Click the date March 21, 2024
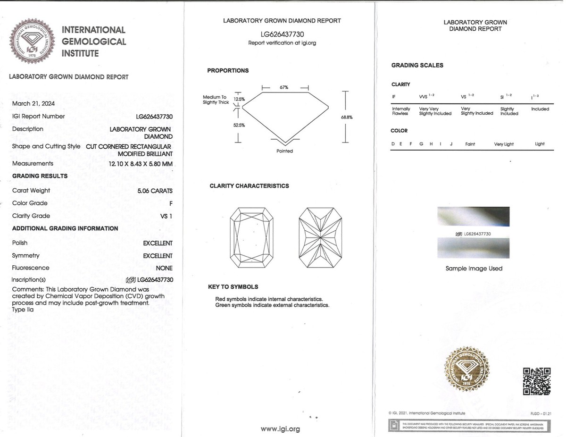tap(33, 103)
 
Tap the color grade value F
tap(170, 203)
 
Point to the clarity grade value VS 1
tap(166, 216)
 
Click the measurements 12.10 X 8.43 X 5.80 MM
tap(141, 164)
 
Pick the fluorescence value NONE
tap(164, 268)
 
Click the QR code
tap(537, 381)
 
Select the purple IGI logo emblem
tap(33, 42)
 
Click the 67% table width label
tap(284, 87)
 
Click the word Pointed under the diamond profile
tap(284, 151)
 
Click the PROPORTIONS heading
tap(228, 71)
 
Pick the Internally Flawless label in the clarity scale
tap(401, 111)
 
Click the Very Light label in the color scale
tap(504, 144)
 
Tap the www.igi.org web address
tap(280, 429)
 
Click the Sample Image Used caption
tap(474, 269)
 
